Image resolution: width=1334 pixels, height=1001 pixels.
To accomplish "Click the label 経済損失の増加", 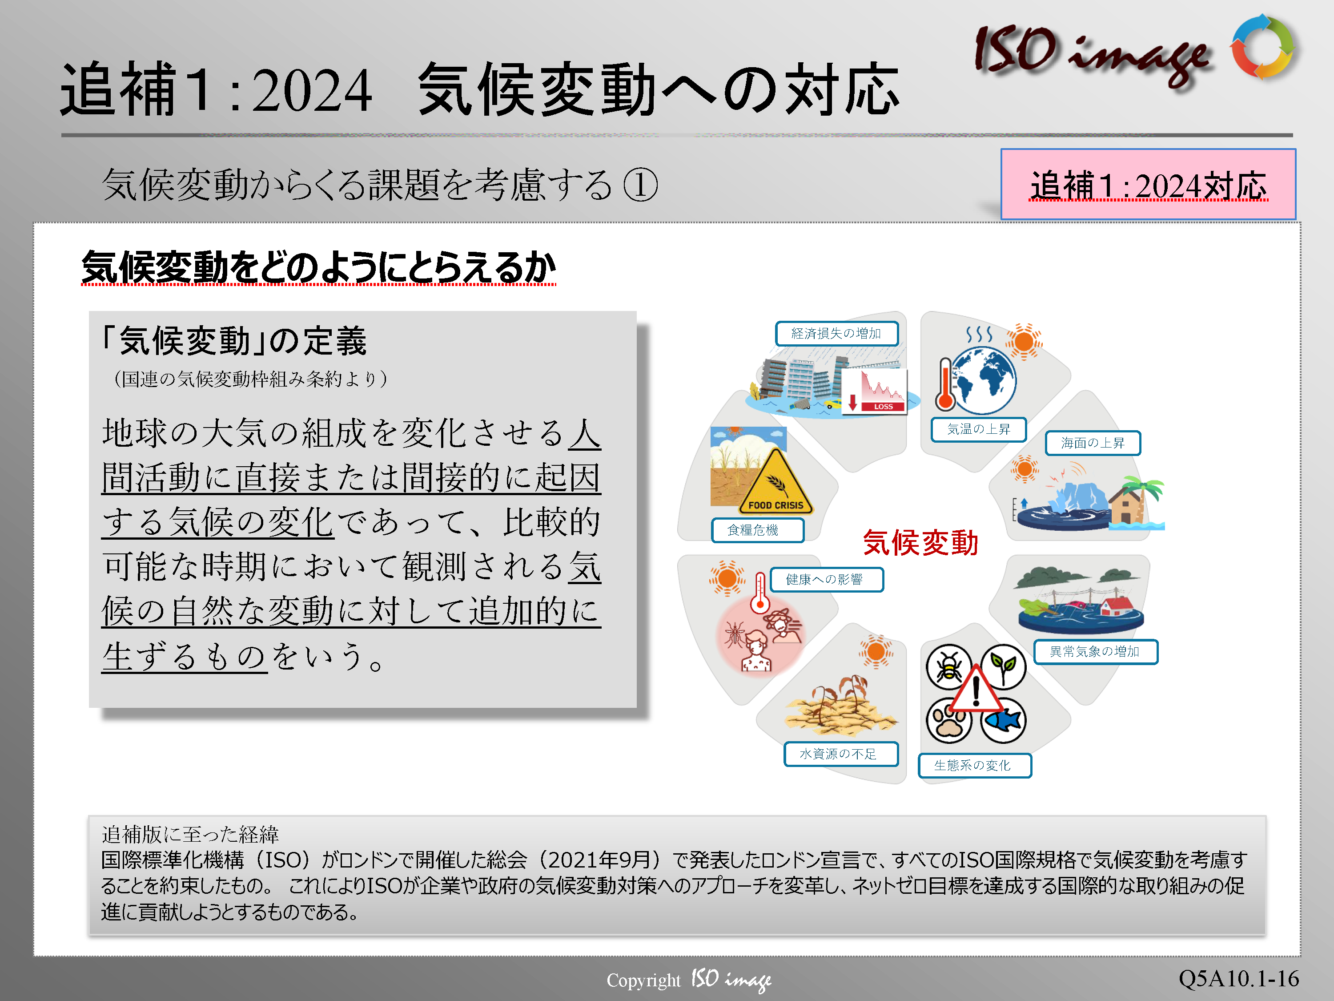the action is tap(836, 334).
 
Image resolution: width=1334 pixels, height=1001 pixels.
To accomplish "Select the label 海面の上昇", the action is tap(1093, 443).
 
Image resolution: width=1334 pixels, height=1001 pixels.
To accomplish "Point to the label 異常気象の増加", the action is tap(1095, 652).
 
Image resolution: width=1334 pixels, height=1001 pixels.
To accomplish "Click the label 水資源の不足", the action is tap(841, 754).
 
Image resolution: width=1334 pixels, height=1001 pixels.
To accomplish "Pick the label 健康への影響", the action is tap(826, 580).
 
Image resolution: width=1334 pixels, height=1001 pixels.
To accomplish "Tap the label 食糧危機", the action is tap(757, 530).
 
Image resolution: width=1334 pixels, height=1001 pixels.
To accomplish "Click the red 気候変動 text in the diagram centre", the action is tap(920, 542).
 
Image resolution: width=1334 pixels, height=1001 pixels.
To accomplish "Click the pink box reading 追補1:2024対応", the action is tap(1148, 184).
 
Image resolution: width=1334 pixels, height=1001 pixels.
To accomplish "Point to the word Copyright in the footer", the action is tap(643, 981).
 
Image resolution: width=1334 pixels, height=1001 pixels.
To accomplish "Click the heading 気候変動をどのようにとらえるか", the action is tap(318, 267).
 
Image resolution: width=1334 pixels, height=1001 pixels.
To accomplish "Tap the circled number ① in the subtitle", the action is tap(640, 185).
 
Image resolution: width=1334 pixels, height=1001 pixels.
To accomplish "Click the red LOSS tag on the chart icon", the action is tap(884, 407).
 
